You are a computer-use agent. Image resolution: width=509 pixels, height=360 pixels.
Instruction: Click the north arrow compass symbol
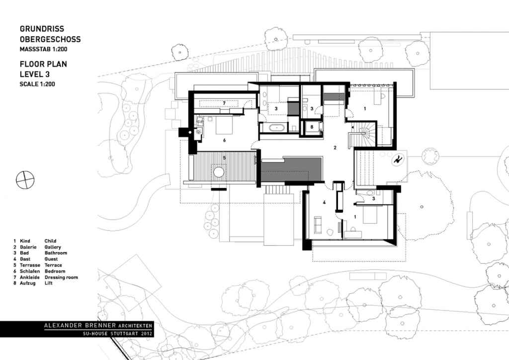pos(25,180)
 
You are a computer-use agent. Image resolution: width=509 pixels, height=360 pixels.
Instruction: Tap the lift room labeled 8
pos(312,127)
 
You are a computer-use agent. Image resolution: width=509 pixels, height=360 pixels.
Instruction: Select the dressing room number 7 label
pos(224,103)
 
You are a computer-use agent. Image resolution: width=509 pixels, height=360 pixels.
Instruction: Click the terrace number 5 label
pos(224,158)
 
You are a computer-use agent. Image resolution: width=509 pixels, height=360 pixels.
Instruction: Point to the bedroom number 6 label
pos(224,140)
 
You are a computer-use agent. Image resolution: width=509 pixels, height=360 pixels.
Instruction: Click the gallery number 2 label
pos(336,148)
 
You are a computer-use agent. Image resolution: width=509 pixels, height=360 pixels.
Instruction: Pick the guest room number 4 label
pos(324,202)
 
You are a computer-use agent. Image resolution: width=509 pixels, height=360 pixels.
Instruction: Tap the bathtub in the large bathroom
pos(276,128)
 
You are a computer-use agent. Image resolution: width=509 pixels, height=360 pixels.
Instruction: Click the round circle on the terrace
pos(219,172)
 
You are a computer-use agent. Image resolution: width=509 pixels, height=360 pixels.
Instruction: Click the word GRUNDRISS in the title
pos(42,29)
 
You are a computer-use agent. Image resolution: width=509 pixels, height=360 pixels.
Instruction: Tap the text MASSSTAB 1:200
pos(44,49)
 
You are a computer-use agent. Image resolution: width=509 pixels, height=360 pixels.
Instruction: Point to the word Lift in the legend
pos(48,283)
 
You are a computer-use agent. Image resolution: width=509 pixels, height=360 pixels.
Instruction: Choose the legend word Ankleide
pos(29,277)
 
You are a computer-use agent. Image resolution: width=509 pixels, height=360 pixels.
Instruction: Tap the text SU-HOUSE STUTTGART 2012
pos(117,333)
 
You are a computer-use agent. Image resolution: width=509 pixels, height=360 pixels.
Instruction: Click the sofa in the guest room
pos(317,225)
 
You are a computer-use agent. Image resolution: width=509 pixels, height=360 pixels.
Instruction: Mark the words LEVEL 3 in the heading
pos(35,75)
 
